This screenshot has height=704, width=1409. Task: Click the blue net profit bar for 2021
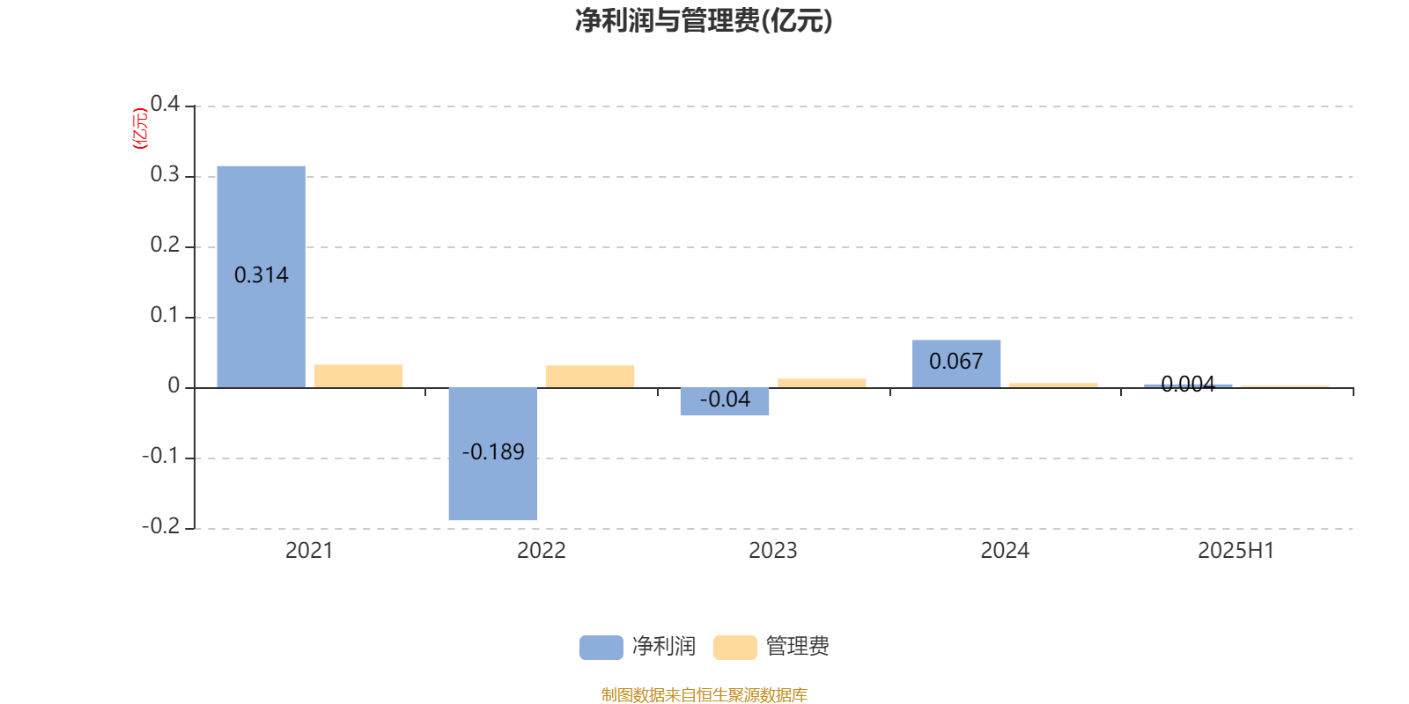pyautogui.click(x=261, y=276)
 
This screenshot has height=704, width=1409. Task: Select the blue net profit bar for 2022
pyautogui.click(x=493, y=454)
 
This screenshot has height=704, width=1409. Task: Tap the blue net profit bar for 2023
pyautogui.click(x=725, y=401)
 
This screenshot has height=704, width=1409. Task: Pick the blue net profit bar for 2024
pyautogui.click(x=956, y=364)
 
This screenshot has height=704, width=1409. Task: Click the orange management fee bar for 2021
pyautogui.click(x=358, y=376)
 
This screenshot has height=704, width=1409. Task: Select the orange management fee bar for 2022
pyautogui.click(x=590, y=377)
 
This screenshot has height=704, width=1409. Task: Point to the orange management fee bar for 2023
pyautogui.click(x=822, y=383)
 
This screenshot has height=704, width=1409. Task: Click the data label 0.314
pyautogui.click(x=261, y=275)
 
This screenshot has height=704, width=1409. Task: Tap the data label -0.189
pyautogui.click(x=493, y=452)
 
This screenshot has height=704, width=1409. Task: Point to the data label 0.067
pyautogui.click(x=956, y=362)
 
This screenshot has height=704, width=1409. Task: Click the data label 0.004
pyautogui.click(x=1188, y=384)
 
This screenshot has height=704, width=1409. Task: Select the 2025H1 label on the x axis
pyautogui.click(x=1236, y=551)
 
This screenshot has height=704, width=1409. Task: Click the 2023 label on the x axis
pyautogui.click(x=773, y=551)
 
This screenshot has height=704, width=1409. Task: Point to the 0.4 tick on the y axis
pyautogui.click(x=165, y=104)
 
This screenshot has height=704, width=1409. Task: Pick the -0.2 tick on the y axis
pyautogui.click(x=161, y=526)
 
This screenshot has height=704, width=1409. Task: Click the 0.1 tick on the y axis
pyautogui.click(x=165, y=315)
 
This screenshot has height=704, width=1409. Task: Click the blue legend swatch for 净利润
pyautogui.click(x=601, y=648)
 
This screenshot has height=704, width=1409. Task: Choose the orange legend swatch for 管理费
pyautogui.click(x=734, y=648)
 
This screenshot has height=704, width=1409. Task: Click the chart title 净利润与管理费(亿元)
pyautogui.click(x=704, y=21)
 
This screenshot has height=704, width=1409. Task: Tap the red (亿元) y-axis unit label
pyautogui.click(x=140, y=128)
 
